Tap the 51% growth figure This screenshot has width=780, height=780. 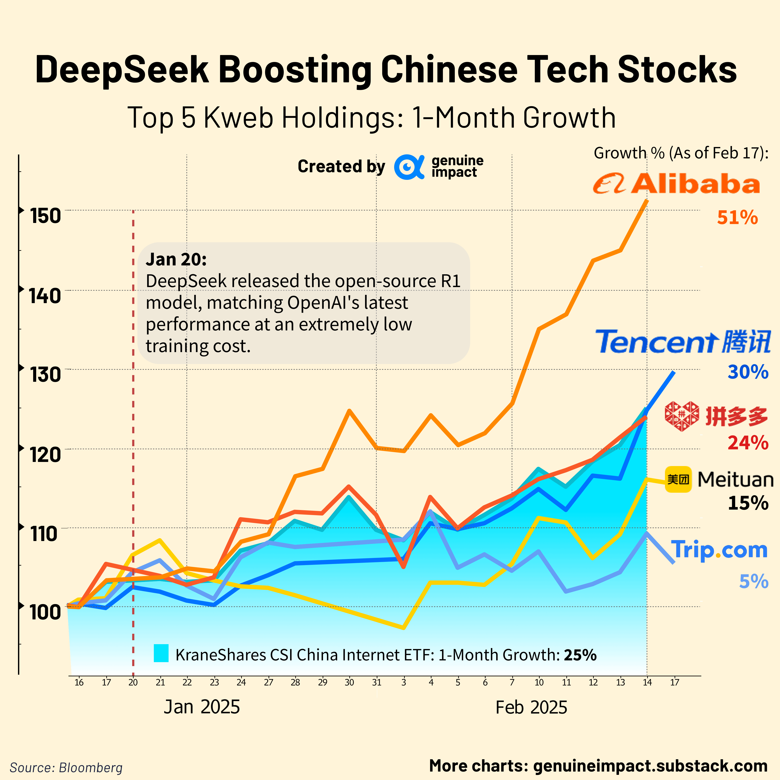(737, 218)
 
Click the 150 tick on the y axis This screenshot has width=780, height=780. (45, 216)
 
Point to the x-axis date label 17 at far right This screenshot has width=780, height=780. (675, 682)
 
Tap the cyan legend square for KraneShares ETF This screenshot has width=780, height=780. (161, 653)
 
